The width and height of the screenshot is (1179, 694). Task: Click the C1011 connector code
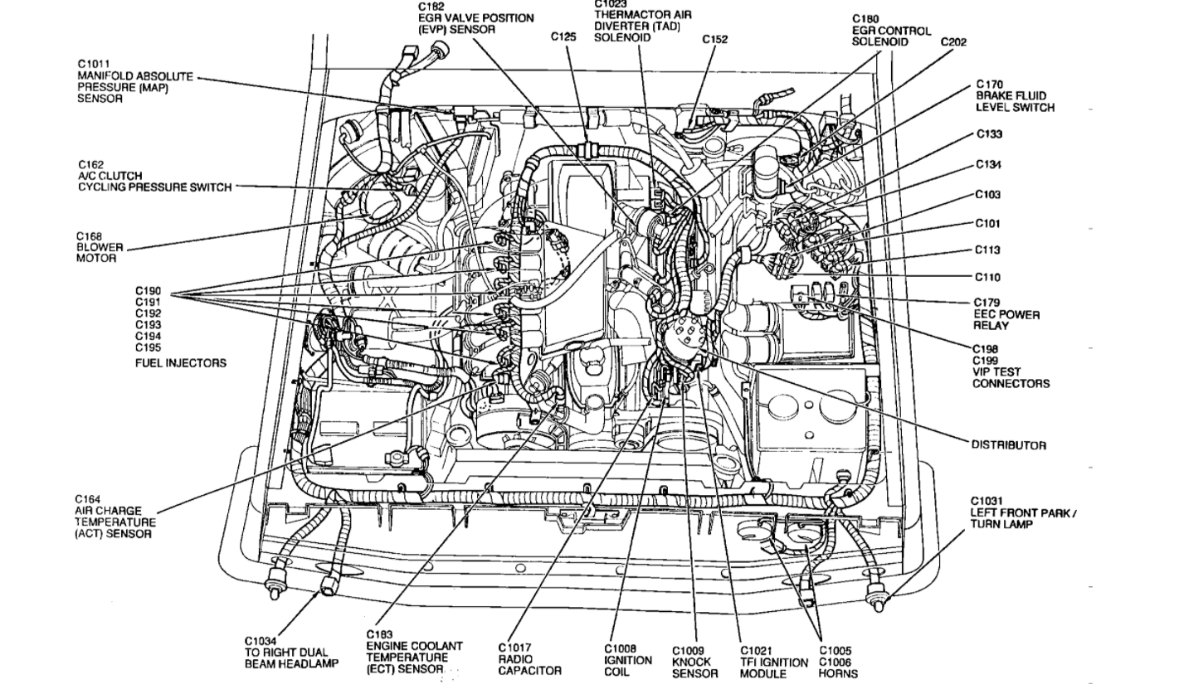coord(93,64)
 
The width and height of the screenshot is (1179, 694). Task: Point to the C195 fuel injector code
coord(149,347)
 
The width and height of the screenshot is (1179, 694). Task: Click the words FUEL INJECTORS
coord(181,363)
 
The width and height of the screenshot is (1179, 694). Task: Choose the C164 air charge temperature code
coord(89,499)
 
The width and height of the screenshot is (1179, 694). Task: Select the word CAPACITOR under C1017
coord(529,670)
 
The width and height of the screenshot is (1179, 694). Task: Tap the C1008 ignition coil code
coord(620,648)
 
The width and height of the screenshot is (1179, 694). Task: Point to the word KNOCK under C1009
coord(691,662)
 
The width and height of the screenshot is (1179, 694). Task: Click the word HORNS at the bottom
coord(837,674)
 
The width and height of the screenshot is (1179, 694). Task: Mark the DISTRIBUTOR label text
coord(1009,445)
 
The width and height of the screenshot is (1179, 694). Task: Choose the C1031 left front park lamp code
coord(986,501)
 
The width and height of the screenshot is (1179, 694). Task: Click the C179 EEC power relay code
coord(987,303)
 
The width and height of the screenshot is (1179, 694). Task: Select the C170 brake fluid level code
coord(989,85)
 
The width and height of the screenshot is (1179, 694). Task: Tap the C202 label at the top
coord(953,42)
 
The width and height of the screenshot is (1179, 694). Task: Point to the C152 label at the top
coord(714,39)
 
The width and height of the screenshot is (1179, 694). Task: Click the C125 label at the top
coord(563,36)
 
